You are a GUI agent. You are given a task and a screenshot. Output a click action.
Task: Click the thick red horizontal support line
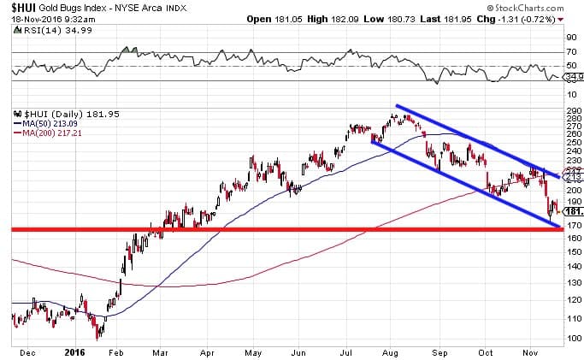point(257,230)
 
